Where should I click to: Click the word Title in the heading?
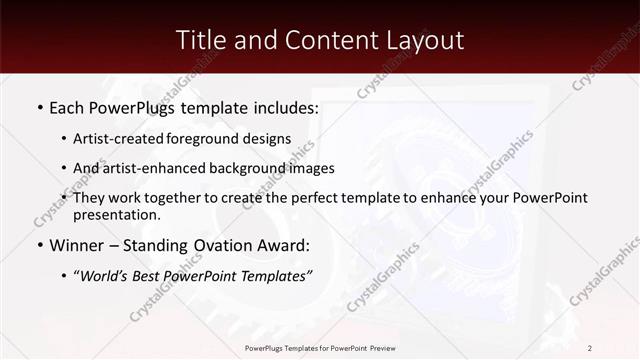click(200, 40)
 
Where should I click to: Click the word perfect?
click(311, 198)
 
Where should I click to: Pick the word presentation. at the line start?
click(116, 214)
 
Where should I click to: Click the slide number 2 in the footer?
click(589, 348)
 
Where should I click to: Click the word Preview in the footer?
click(379, 348)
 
